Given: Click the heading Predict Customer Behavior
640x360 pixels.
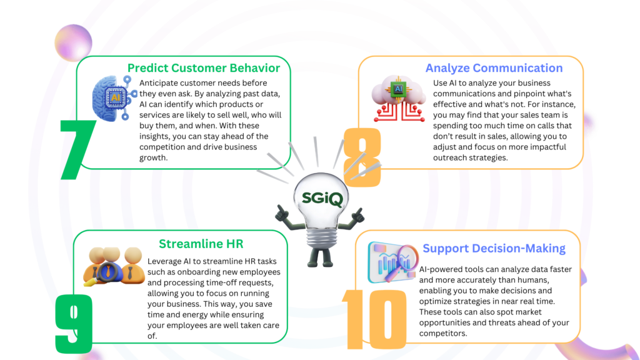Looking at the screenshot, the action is [x=204, y=68].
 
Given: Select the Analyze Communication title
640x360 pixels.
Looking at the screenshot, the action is [x=494, y=68].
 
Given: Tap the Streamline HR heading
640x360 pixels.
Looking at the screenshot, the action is [x=201, y=244].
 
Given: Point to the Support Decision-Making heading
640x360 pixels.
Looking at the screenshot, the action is [x=494, y=249].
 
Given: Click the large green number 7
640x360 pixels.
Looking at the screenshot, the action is [x=77, y=149].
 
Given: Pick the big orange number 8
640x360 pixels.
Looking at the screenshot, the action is [x=362, y=157].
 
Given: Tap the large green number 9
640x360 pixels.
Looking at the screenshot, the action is [x=74, y=324].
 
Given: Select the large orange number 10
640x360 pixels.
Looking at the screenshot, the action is [x=374, y=319].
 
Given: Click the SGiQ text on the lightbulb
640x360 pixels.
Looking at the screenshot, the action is [x=322, y=199].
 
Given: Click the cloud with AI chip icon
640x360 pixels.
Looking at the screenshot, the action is [x=399, y=98].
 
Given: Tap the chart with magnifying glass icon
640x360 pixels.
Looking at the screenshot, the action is [x=393, y=262].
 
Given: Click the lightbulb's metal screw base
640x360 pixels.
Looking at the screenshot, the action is [x=321, y=239].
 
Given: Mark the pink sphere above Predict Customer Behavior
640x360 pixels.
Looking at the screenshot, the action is [x=74, y=43].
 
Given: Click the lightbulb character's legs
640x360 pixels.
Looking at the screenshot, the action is [x=321, y=257].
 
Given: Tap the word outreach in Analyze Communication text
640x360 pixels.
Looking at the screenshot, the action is [x=450, y=157].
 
